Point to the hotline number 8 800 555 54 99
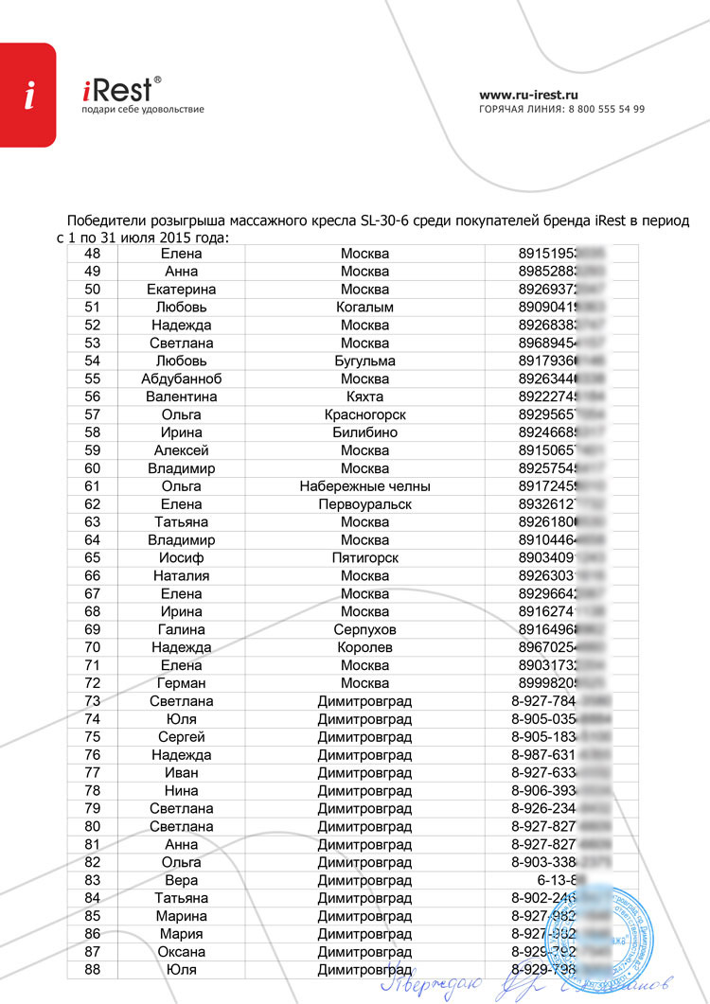point(606,109)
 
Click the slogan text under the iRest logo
point(143,110)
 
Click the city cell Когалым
point(364,307)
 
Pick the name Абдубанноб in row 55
point(181,379)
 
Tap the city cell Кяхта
point(364,396)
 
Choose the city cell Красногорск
point(364,414)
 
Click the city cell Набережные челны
point(364,486)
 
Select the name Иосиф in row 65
point(181,558)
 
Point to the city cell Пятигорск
point(364,558)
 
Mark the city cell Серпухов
point(364,629)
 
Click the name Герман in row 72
point(181,683)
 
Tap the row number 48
point(93,254)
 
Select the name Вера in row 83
point(181,880)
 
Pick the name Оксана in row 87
point(181,951)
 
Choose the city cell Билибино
point(364,432)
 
